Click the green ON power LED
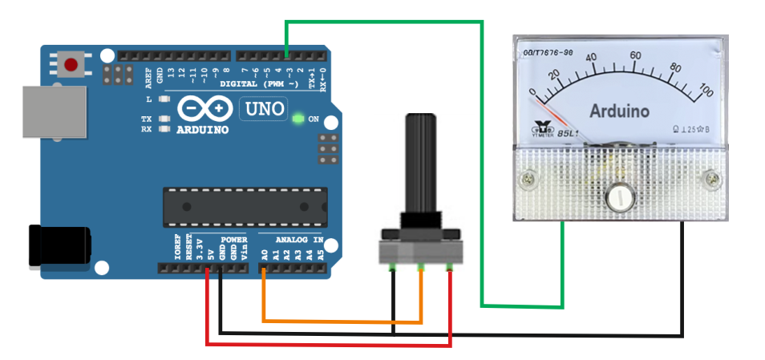[x=298, y=119]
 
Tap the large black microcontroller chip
[x=244, y=207]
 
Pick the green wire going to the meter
[x=481, y=160]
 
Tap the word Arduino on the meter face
[x=619, y=111]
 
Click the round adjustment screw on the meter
[x=618, y=196]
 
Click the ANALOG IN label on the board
[x=299, y=240]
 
